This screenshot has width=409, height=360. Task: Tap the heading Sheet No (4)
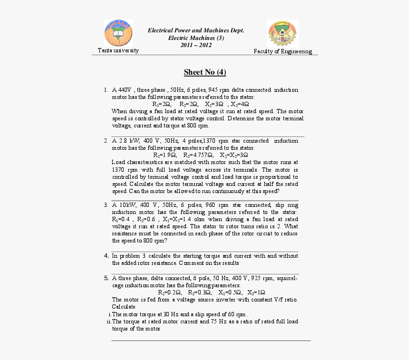pos(205,72)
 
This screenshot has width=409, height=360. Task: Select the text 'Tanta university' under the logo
pos(118,50)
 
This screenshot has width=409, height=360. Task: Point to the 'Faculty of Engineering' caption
pos(282,51)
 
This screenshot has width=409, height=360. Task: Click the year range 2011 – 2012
pos(196,45)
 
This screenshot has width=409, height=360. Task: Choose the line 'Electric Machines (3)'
pos(196,38)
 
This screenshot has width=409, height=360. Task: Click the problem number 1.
pos(106,90)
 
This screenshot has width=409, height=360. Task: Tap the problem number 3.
pos(106,205)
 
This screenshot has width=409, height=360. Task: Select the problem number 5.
pos(106,278)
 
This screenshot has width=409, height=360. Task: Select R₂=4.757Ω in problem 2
pos(199,155)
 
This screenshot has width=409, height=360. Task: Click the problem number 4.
pos(106,256)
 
